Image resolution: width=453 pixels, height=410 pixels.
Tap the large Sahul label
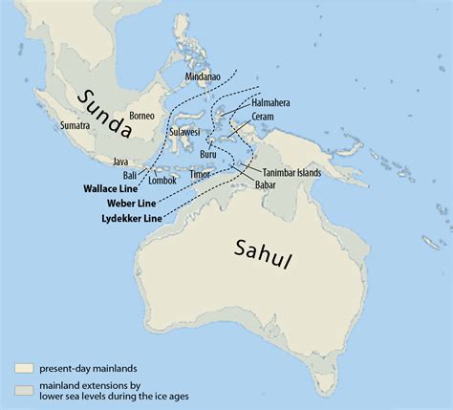click(262, 252)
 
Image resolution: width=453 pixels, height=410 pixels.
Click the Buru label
click(210, 153)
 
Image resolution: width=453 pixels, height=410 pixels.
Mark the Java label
click(120, 162)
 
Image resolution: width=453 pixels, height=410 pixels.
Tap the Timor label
click(200, 175)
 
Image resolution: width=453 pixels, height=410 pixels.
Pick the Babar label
click(266, 184)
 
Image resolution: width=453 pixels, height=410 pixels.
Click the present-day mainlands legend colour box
click(25, 367)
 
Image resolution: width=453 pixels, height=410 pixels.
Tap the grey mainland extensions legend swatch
click(25, 388)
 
